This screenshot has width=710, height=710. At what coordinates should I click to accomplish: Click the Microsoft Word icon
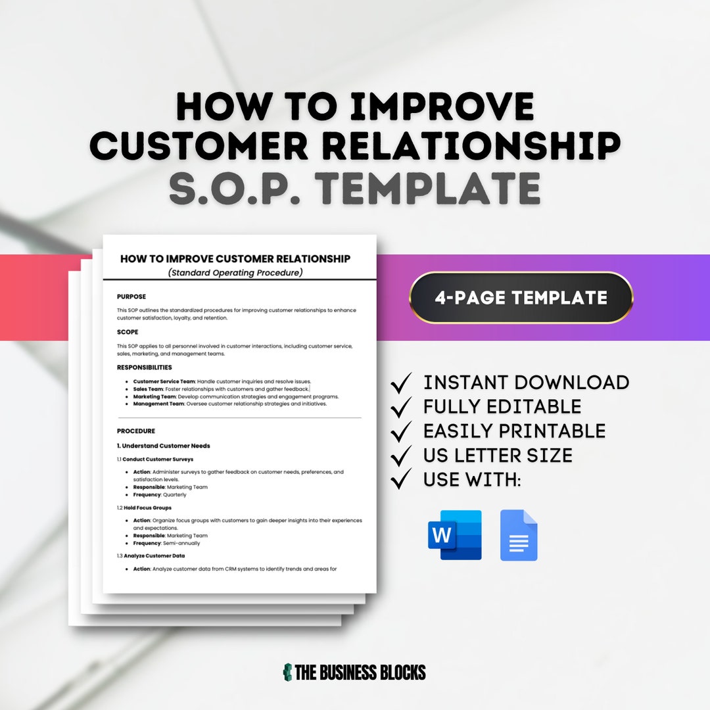tap(455, 535)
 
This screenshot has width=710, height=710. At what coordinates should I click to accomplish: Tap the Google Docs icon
tap(519, 535)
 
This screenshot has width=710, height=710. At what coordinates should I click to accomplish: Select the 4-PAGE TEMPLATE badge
tap(521, 298)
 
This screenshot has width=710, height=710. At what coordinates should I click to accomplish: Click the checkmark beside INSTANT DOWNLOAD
tap(401, 383)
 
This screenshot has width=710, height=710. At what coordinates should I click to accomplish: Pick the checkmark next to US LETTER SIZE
tap(401, 455)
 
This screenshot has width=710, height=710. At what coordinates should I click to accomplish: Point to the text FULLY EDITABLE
tap(502, 407)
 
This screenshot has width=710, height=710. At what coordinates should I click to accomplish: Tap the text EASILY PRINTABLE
tap(514, 431)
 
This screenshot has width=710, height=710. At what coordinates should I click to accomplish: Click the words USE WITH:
tap(472, 480)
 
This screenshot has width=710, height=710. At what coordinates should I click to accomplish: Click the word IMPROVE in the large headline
tap(442, 106)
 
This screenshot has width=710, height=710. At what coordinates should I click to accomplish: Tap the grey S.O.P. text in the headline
tap(236, 188)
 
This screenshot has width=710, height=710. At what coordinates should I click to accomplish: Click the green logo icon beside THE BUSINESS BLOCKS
tap(287, 672)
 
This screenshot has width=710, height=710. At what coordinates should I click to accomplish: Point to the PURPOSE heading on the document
tap(131, 296)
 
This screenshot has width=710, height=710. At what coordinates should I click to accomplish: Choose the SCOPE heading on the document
tap(128, 332)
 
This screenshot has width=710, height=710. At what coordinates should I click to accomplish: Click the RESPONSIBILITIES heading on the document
tap(144, 367)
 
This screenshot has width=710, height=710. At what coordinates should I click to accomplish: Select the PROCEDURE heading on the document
tap(136, 431)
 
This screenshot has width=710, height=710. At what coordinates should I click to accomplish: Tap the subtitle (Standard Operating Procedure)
tap(235, 272)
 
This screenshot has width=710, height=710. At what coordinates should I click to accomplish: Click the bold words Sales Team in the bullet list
tap(148, 389)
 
